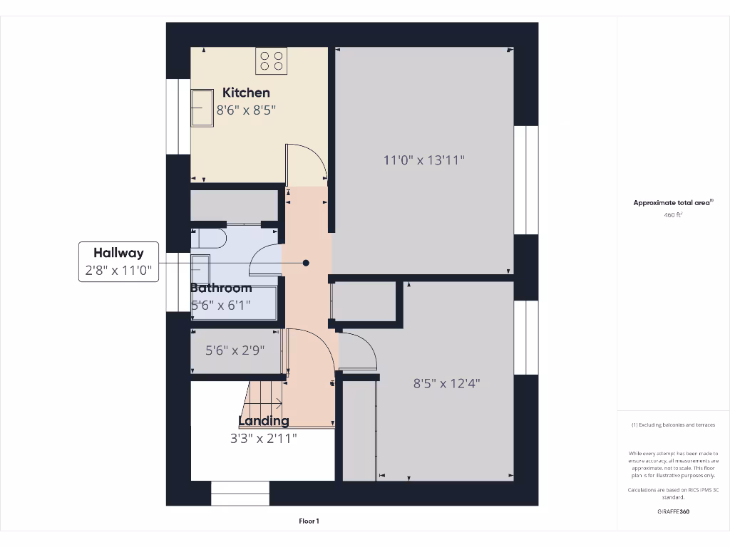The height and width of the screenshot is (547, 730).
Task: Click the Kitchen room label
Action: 246,93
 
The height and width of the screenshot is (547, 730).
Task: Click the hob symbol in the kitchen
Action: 271,61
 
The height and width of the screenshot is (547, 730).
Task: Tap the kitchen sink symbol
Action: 202,108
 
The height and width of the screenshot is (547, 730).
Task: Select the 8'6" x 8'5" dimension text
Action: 246,110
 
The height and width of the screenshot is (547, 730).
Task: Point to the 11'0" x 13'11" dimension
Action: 424,160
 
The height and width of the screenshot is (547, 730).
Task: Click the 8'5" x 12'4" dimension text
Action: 447,383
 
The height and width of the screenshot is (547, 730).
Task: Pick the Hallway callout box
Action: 118,262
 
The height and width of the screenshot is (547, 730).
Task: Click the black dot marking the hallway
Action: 306,263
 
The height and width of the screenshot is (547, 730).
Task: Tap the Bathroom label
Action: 221,288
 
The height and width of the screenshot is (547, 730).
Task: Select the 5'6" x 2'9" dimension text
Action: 235,350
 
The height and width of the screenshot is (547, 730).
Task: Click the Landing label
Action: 263,421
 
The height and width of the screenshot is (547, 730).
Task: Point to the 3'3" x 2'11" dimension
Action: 263,439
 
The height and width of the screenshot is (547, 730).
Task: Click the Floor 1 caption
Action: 309,521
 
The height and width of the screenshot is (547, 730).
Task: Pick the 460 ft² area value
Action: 673,214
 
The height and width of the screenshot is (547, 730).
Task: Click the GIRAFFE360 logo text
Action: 673,511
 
